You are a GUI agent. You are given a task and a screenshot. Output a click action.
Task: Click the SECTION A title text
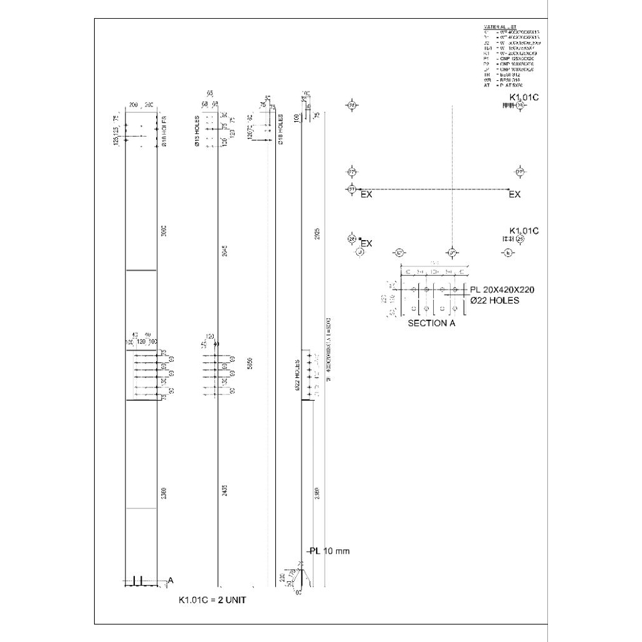pos(431,324)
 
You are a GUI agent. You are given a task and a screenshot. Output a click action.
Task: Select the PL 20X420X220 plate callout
pos(502,290)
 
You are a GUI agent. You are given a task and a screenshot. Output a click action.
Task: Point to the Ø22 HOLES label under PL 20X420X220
pos(495,300)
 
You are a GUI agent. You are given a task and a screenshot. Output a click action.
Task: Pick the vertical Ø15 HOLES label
pos(197,132)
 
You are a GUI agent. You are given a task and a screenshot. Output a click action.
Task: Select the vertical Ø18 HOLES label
pos(280,129)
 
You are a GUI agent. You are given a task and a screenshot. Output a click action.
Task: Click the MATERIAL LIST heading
pos(499,27)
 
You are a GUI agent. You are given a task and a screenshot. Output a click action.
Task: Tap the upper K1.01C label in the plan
pos(524,98)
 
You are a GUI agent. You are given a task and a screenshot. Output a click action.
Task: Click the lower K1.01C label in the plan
pos(524,231)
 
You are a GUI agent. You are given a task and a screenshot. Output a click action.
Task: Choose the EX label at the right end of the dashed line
pos(514,195)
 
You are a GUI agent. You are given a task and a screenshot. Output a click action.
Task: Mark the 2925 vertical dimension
pos(318,235)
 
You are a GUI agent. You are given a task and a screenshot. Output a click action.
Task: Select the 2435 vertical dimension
pos(224,491)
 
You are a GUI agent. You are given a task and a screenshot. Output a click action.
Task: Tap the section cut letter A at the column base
pos(170,581)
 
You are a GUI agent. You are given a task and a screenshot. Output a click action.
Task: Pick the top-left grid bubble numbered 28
pos(352,106)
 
